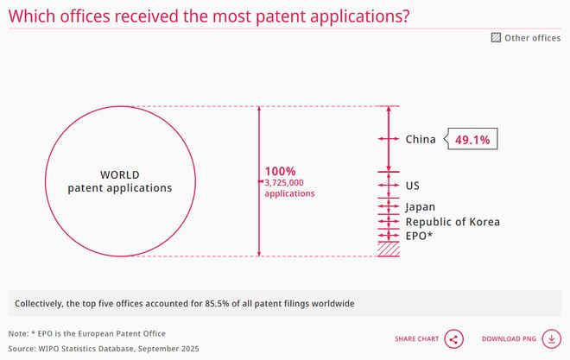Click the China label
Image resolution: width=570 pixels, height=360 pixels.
pos(421,139)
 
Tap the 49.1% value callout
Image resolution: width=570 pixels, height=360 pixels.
pos(473,139)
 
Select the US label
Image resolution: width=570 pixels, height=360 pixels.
pos(413,186)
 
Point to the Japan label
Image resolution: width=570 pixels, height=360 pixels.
pos(421,206)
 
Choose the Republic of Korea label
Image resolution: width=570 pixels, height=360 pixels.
pos(453,222)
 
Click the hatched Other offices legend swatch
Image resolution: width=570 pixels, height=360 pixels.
pos(496,38)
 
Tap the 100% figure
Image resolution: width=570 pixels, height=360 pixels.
pos(279,171)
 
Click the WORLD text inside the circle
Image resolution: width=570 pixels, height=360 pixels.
pos(120,174)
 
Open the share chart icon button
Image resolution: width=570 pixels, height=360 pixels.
pos(454,338)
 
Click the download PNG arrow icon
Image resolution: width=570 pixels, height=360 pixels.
pos(549,338)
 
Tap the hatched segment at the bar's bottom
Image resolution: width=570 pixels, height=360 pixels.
pos(389,249)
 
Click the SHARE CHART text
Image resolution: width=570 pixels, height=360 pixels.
pos(416,338)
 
